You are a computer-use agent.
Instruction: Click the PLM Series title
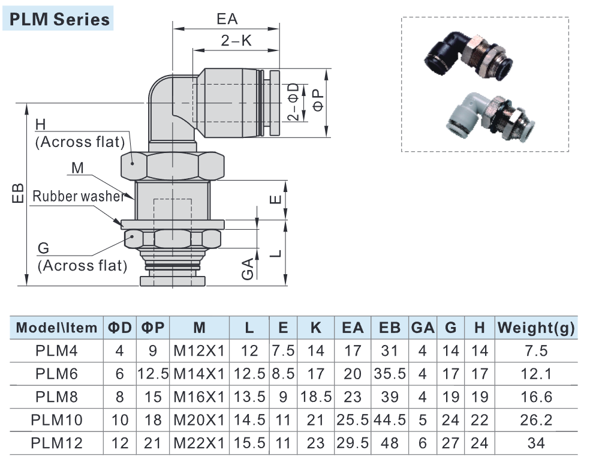click(58, 19)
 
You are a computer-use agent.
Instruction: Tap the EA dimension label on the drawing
click(227, 18)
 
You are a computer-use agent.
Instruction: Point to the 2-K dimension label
click(236, 41)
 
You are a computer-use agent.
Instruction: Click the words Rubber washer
click(79, 196)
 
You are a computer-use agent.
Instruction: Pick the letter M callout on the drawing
click(77, 168)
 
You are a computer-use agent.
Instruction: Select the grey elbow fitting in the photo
click(480, 118)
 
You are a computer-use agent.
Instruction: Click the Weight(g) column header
click(536, 328)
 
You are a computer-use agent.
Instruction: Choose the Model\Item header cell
click(56, 328)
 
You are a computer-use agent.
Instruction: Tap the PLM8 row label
click(56, 397)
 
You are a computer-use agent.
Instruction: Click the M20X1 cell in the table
click(199, 419)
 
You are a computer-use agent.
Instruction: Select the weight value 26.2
click(536, 419)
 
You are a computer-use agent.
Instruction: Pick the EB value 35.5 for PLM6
click(390, 374)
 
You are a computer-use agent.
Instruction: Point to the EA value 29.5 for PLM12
click(353, 443)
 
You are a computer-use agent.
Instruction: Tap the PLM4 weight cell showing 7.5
click(536, 351)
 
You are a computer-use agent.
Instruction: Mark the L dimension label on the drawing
click(275, 252)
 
